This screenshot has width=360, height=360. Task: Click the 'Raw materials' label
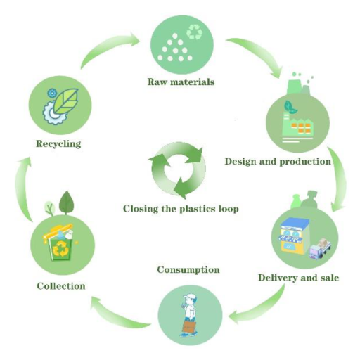[181, 82]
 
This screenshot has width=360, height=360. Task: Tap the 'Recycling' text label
[58, 143]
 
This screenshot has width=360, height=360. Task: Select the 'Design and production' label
[278, 162]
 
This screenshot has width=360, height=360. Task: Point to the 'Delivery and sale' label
[299, 278]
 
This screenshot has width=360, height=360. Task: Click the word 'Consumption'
[188, 270]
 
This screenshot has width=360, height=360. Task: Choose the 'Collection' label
[61, 286]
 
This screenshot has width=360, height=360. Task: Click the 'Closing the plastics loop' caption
[181, 209]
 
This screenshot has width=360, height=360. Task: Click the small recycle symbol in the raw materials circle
[195, 32]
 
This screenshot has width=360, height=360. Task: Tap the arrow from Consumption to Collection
[117, 314]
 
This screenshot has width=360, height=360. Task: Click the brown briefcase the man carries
[189, 327]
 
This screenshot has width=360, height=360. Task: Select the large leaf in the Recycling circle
[65, 101]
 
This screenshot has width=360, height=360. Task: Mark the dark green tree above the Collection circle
[67, 202]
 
